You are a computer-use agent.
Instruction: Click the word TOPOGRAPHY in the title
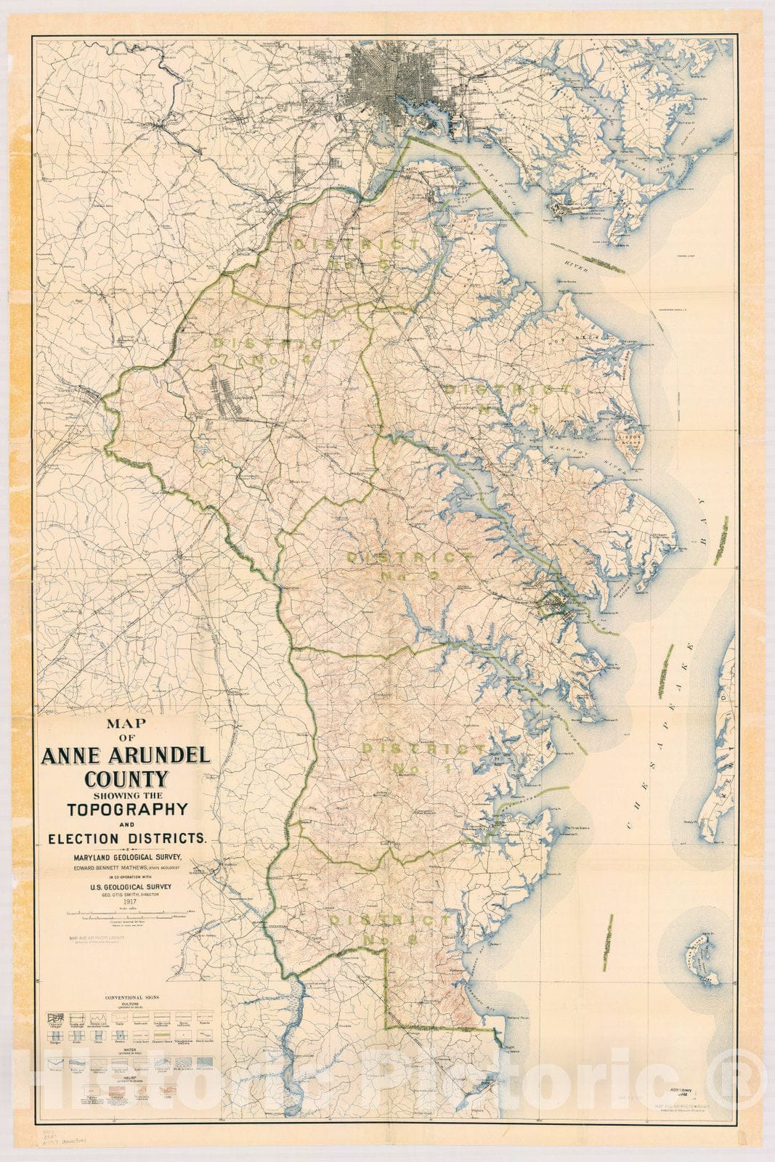click(x=127, y=808)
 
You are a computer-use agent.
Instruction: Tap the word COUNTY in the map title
click(x=126, y=780)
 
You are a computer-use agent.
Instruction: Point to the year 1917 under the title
click(x=129, y=903)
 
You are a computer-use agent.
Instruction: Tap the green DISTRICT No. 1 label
click(x=425, y=757)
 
